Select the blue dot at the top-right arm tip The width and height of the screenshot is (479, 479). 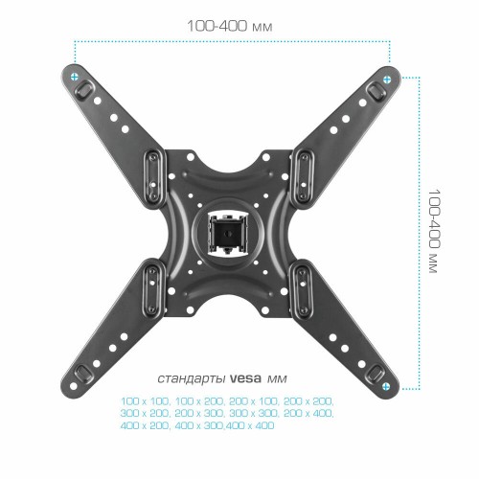coord(387,78)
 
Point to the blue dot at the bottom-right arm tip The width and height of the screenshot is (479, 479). coord(387,388)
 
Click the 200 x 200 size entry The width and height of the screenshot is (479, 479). coord(309,400)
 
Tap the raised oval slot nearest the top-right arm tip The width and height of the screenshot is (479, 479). coord(374,88)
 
